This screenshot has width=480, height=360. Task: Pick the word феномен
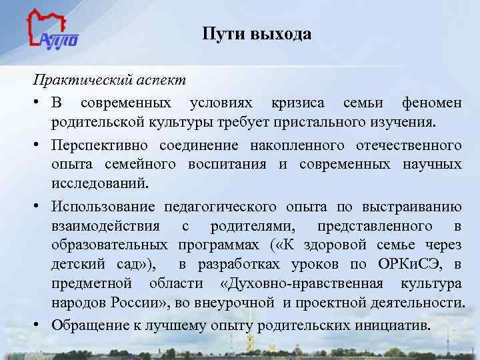tap(431, 104)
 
